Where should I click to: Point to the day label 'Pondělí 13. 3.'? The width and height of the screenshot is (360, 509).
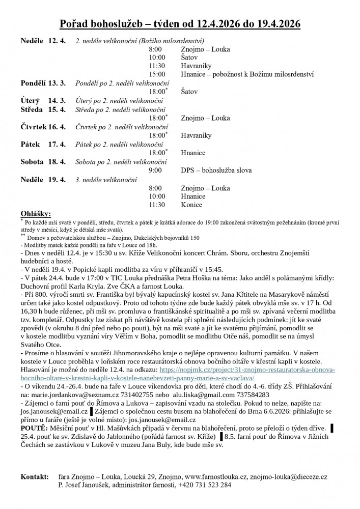pyautogui.click(x=43, y=83)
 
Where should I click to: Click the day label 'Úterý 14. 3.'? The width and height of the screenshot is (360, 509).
pyautogui.click(x=43, y=100)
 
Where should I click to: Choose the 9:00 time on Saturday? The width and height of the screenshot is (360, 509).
pyautogui.click(x=155, y=170)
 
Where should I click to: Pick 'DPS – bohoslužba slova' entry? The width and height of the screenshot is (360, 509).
pyautogui.click(x=216, y=170)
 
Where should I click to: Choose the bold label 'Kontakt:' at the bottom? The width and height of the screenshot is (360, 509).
pyautogui.click(x=35, y=477)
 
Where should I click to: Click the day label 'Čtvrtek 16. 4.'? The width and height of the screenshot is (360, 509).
pyautogui.click(x=43, y=127)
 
